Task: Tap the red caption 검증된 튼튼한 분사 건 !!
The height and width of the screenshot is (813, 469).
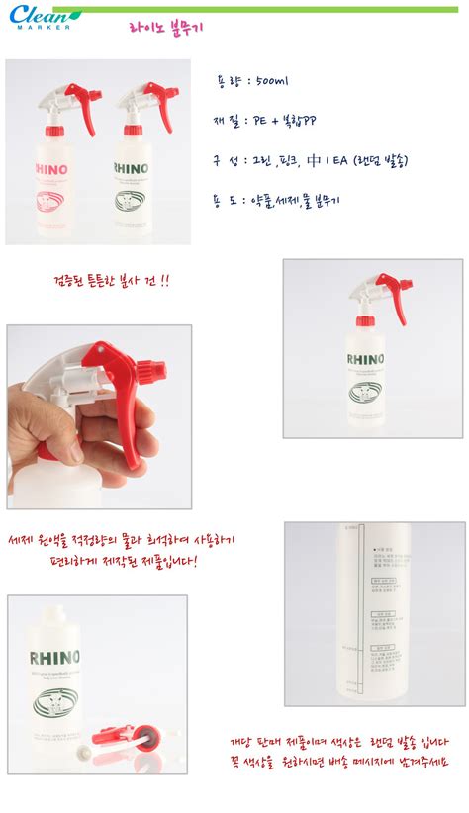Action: point(110,281)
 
